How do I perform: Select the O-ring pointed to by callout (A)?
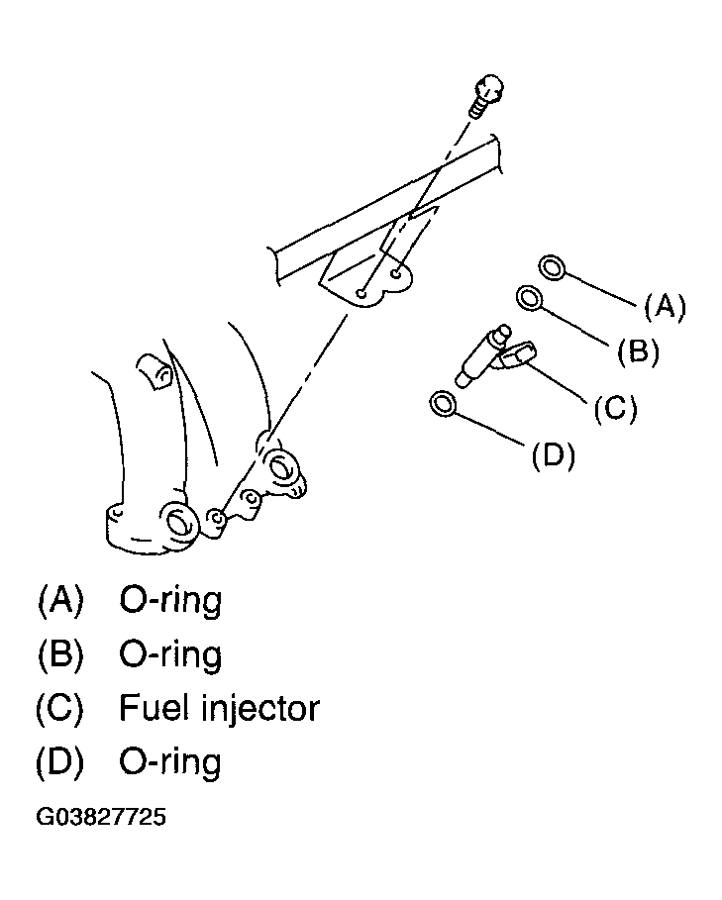point(553,265)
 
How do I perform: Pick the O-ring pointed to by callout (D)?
point(445,403)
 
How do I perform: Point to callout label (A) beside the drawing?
point(665,307)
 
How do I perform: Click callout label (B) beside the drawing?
point(638,350)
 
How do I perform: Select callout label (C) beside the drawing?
point(615,407)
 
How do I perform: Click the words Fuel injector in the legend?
point(219,708)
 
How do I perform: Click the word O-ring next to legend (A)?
point(170,601)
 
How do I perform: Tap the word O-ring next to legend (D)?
point(170,763)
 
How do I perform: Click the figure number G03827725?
point(101,818)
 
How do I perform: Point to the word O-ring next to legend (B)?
point(170,655)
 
